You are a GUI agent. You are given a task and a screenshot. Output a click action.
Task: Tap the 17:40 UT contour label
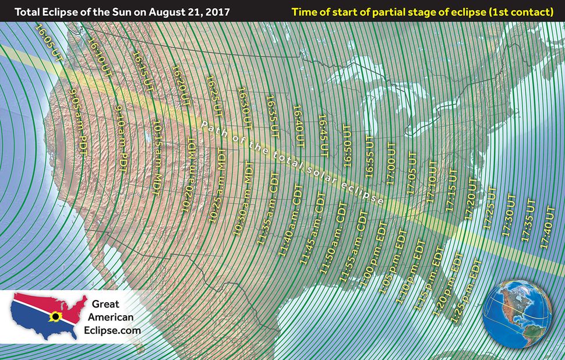tap(549, 226)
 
